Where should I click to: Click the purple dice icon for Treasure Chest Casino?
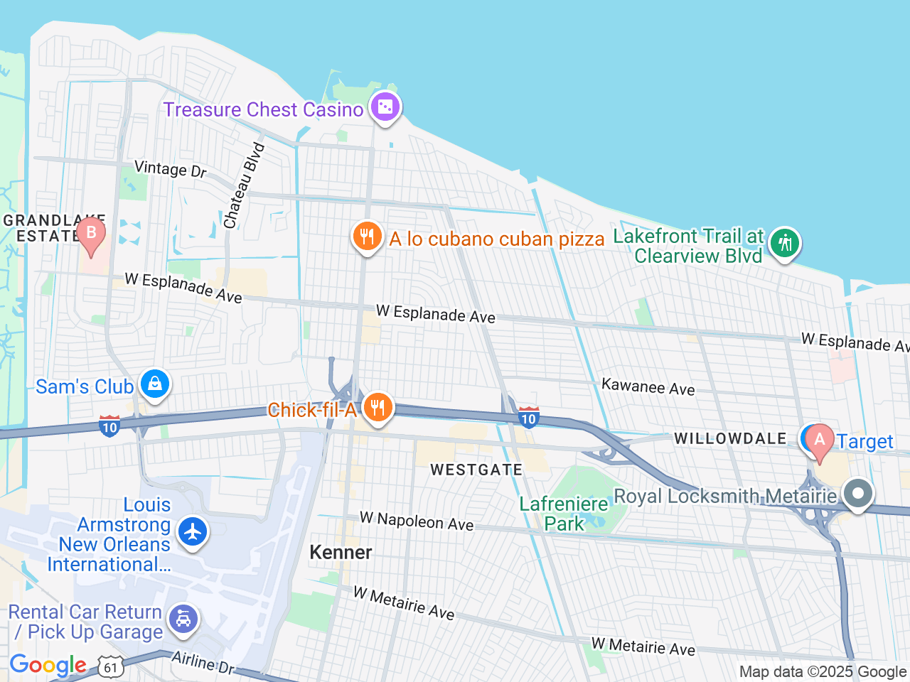pos(385,107)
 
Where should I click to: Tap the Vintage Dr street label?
pos(171,169)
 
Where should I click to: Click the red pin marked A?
pos(819,440)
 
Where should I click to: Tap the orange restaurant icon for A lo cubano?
pos(367,236)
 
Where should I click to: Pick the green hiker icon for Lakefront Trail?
pos(785,243)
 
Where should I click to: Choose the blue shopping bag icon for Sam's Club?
pos(154,384)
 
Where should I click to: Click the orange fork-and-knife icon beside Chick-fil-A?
pos(378,408)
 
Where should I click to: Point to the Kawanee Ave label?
pos(648,387)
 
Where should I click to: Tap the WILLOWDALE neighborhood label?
pos(730,438)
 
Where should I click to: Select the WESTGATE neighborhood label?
pos(476,470)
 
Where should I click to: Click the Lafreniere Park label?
pos(564,514)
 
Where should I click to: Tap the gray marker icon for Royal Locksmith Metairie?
pos(858,493)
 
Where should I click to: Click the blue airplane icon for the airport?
pos(192,531)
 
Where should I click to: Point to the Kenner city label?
pos(341,552)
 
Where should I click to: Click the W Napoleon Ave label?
pos(417,521)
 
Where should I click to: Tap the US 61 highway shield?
pos(111,668)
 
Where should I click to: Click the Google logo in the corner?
pos(48,666)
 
